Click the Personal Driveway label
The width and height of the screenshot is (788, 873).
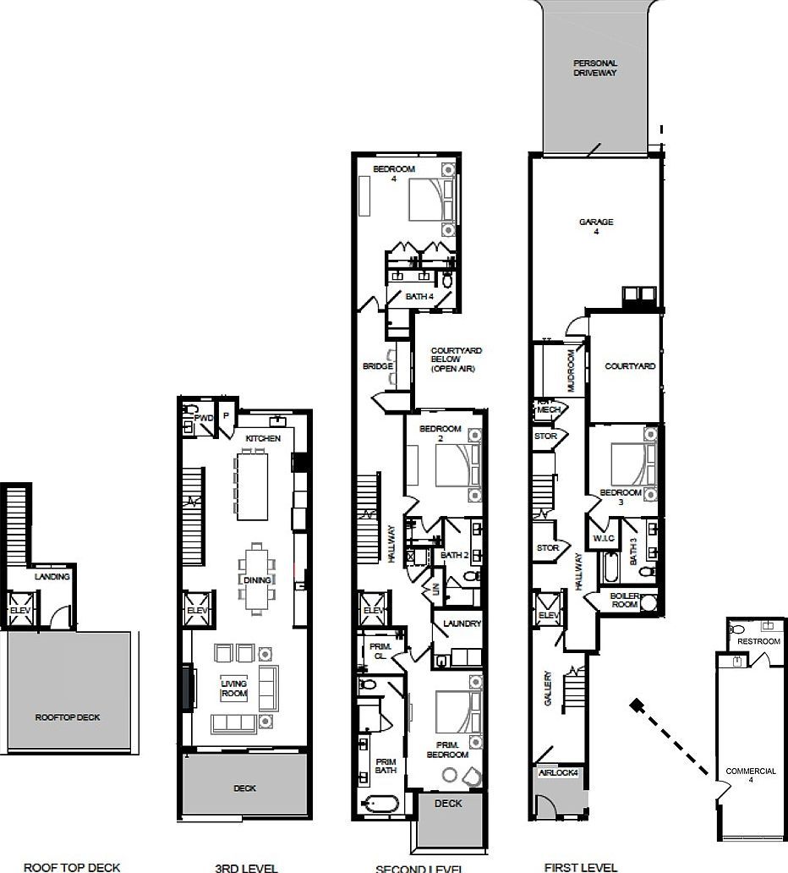595,68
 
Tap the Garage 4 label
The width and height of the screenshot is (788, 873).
595,226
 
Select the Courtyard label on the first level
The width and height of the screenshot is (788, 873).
630,366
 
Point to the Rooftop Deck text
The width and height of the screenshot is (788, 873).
67,717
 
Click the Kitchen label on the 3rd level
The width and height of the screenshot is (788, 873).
262,438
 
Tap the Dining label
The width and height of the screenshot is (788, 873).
257,580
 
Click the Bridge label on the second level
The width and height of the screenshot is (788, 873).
377,366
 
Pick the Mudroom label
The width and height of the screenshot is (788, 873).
572,371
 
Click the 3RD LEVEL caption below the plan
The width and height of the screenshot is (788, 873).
246,867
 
